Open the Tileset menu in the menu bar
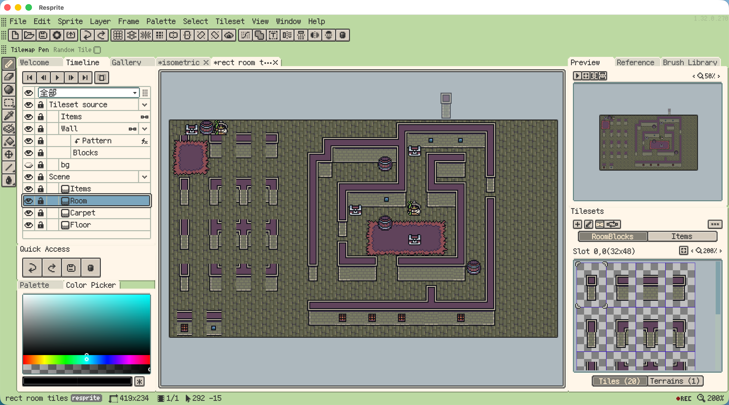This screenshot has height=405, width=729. click(x=230, y=21)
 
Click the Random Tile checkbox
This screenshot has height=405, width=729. click(x=97, y=50)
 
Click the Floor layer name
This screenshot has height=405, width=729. click(x=80, y=225)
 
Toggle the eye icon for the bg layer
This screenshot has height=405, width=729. click(x=29, y=165)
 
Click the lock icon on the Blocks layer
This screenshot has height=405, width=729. click(x=41, y=153)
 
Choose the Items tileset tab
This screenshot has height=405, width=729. click(x=682, y=236)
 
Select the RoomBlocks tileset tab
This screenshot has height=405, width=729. click(x=613, y=236)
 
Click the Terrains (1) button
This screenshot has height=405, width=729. click(x=675, y=381)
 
